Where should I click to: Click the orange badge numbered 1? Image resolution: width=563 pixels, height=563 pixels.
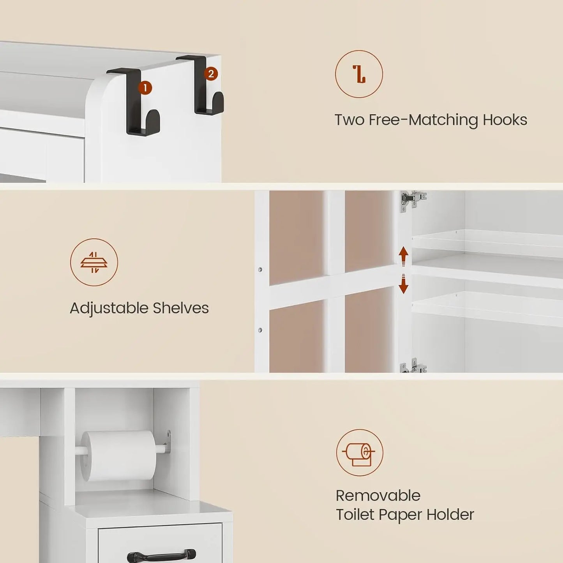click(x=145, y=88)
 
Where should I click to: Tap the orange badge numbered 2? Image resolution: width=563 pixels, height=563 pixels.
click(x=211, y=74)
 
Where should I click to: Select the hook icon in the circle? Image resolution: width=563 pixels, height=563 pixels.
click(x=359, y=74)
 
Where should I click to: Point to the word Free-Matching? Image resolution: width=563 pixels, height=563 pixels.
click(x=423, y=120)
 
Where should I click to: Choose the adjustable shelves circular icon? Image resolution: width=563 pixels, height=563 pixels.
click(x=94, y=262)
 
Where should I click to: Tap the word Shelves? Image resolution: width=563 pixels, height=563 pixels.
click(x=180, y=308)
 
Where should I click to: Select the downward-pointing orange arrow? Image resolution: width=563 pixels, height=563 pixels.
click(x=403, y=284)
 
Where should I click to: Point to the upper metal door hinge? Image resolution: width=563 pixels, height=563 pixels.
click(x=413, y=199)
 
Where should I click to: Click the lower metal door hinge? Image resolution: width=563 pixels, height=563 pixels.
click(x=413, y=366)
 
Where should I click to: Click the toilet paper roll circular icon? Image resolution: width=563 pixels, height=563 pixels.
click(x=359, y=453)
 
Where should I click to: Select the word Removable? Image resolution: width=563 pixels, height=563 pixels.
click(x=378, y=496)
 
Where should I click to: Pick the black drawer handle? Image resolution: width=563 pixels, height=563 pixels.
click(x=161, y=555)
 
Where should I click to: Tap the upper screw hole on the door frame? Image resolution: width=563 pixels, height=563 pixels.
click(x=260, y=270)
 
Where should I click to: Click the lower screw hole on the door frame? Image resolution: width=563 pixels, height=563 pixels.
click(x=260, y=330)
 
